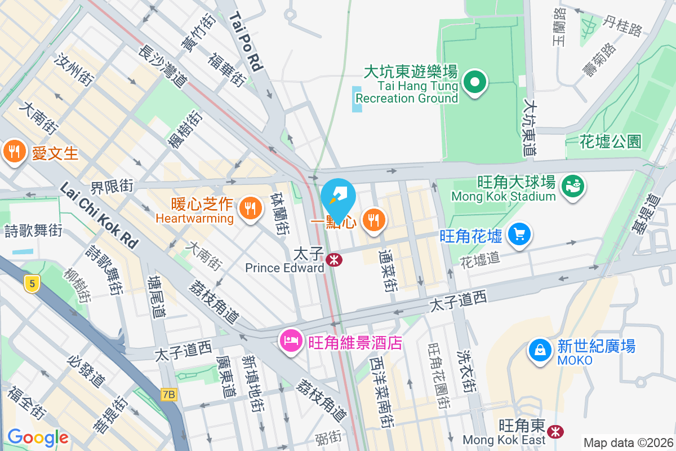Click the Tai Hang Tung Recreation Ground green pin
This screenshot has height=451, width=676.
point(475,83)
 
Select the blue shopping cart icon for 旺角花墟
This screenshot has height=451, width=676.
point(519,235)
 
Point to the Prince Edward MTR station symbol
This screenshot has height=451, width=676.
point(334,260)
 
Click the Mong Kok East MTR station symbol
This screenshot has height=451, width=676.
point(556,432)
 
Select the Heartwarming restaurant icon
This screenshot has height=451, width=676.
point(248,209)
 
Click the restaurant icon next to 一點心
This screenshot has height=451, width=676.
point(373,220)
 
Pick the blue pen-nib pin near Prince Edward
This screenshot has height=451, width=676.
point(339,197)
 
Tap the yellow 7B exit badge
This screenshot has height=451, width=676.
point(168,394)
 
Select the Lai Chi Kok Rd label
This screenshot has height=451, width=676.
point(98,215)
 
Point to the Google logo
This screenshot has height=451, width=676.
point(38,437)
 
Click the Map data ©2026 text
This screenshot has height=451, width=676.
point(628,443)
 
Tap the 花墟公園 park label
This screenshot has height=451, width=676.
point(610,141)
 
